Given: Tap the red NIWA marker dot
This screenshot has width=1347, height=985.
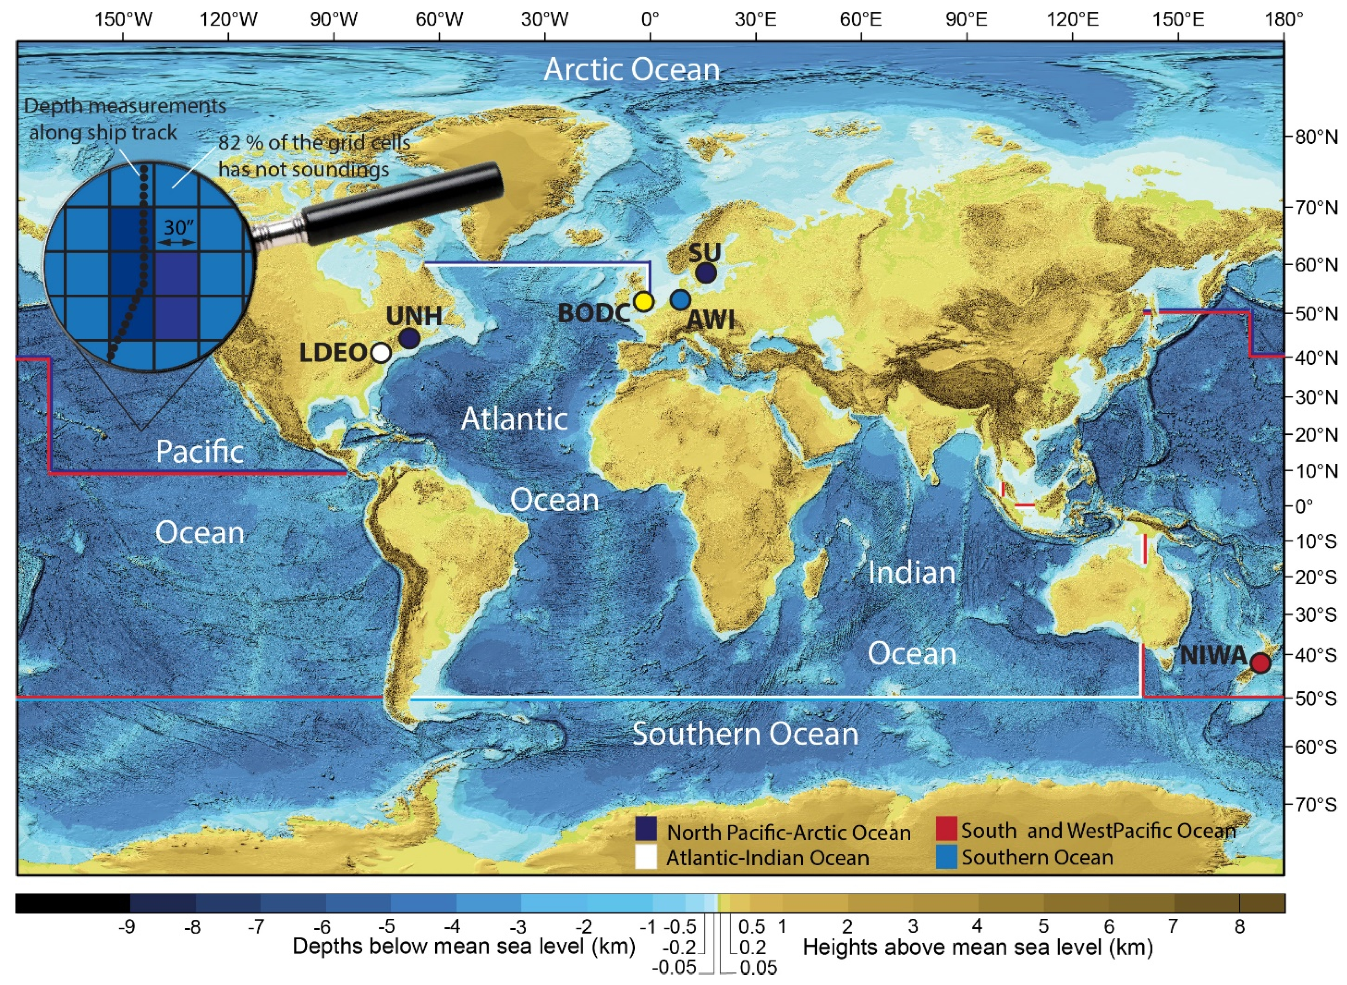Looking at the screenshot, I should tap(1260, 662).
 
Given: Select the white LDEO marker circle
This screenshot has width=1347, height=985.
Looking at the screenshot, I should tap(381, 353).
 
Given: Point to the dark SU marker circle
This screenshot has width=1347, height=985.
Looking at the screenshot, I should tap(706, 273).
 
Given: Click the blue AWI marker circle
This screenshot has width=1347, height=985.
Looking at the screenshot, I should tap(680, 299).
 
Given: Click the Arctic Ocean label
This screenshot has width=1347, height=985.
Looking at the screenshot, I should tap(632, 70).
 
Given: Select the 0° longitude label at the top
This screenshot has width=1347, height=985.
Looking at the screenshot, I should tap(650, 20).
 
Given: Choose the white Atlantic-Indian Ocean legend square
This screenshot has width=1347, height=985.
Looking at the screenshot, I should tap(646, 858).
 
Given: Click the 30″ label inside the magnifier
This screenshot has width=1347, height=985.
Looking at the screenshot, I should tap(179, 227).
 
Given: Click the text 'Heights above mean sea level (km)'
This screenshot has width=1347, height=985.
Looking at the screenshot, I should tap(977, 947).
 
